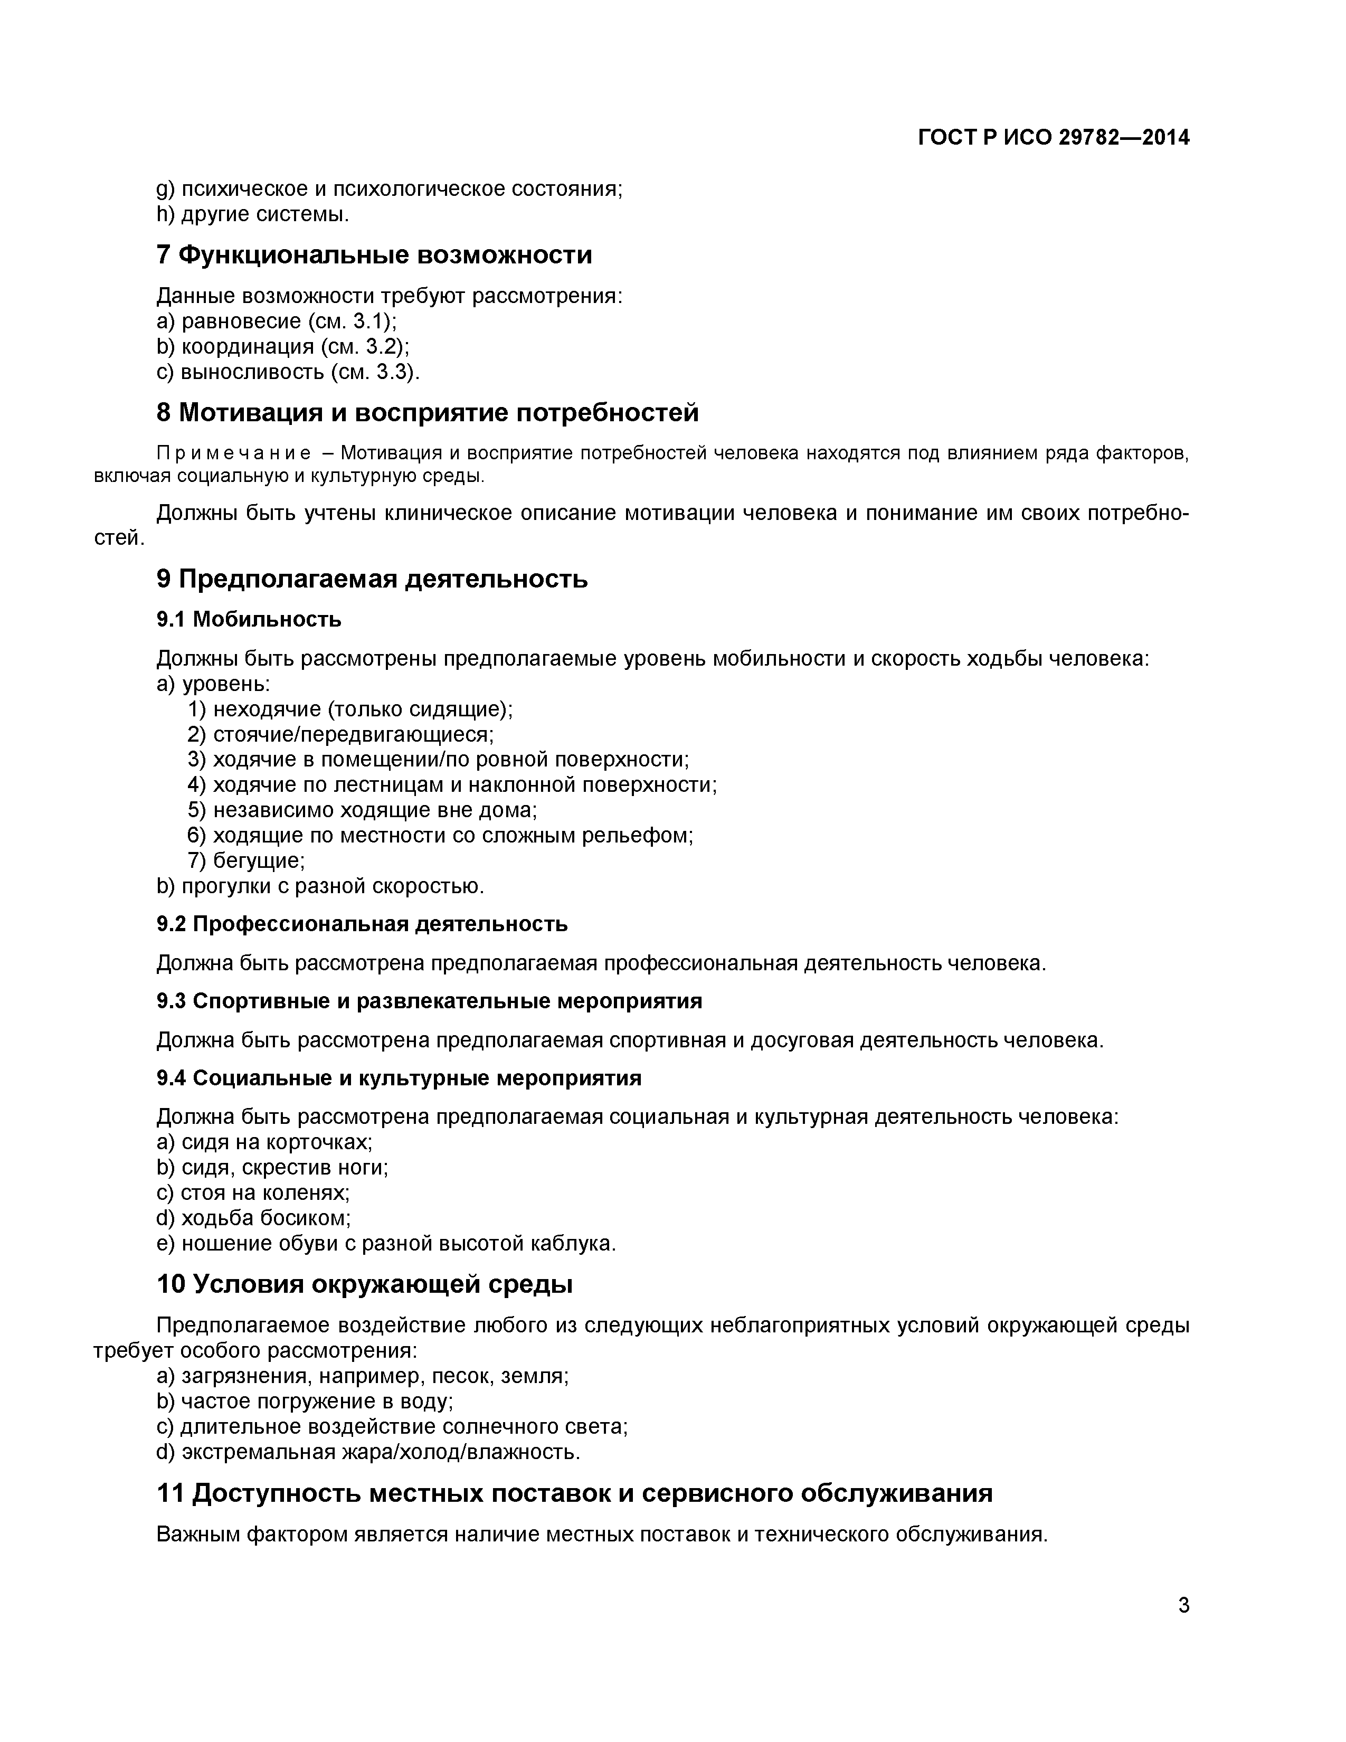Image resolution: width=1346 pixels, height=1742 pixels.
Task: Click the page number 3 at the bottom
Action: click(1183, 1605)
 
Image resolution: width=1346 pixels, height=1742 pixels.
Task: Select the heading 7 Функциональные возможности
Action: click(374, 255)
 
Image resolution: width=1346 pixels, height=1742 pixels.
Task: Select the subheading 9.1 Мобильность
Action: click(249, 619)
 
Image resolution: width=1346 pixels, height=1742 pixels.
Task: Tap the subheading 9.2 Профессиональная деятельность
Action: click(362, 924)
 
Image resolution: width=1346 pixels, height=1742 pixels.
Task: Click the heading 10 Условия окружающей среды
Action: click(364, 1284)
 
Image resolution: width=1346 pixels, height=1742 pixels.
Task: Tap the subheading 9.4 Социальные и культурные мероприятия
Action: click(399, 1078)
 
